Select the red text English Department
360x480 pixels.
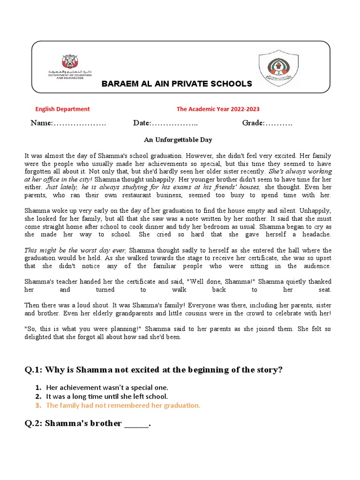click(63, 109)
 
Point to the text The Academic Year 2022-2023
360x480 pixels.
click(218, 109)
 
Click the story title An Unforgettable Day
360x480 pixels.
click(178, 140)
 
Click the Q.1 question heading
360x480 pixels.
click(154, 370)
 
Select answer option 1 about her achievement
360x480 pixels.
click(107, 387)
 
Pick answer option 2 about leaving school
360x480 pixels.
click(106, 396)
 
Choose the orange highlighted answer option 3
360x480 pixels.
click(123, 405)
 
